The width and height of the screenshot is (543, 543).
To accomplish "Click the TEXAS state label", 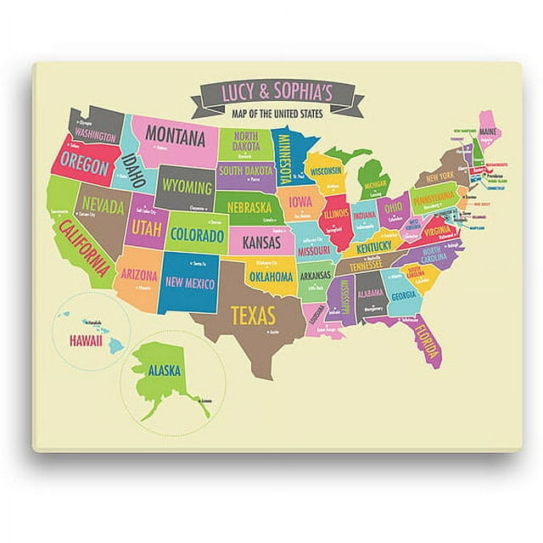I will (253, 316).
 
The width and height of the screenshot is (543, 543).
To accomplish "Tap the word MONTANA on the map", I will (176, 135).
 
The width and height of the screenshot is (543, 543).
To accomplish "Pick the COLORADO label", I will (196, 233).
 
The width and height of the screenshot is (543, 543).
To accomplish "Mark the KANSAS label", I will (261, 243).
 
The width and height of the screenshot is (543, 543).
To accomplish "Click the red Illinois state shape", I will (337, 212).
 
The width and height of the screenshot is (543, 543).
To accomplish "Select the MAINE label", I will (487, 132).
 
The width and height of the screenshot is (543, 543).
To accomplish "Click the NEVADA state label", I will (106, 206).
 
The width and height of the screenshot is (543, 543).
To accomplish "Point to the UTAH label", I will (145, 228).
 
